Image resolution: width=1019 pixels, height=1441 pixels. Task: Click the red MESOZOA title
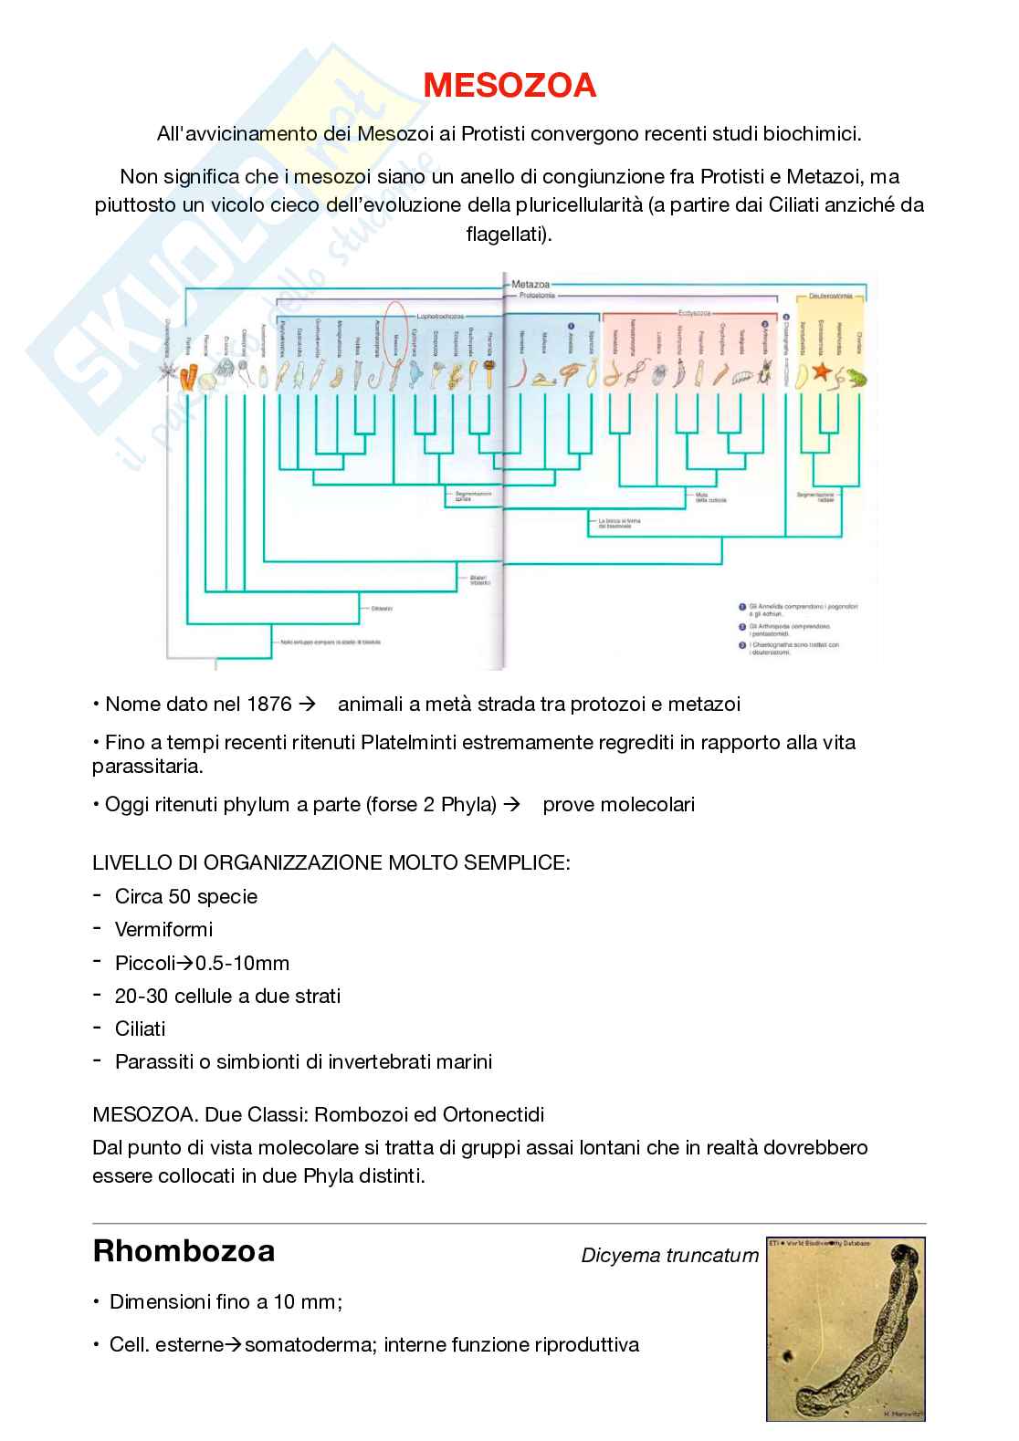(509, 86)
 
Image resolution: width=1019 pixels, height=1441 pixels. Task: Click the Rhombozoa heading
(184, 1251)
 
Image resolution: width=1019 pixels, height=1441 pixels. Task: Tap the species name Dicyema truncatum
(669, 1256)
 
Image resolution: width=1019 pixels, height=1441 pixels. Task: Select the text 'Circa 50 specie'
(186, 896)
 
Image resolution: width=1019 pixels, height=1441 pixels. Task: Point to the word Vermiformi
(163, 929)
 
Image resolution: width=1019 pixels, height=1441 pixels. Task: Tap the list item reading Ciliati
(140, 1029)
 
